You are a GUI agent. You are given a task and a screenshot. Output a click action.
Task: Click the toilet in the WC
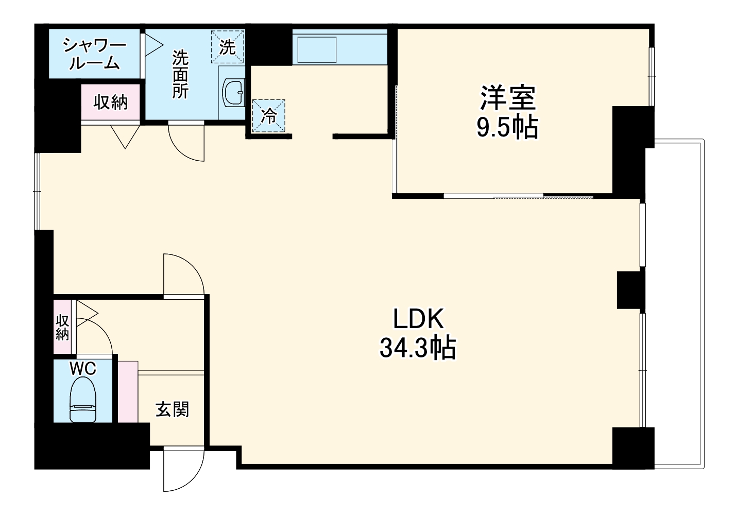pos(83,400)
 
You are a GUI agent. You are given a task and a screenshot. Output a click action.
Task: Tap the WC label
pos(83,369)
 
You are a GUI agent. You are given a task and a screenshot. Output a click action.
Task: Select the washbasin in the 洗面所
pos(234,93)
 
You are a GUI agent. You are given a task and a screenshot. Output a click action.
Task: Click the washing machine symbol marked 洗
pos(227,47)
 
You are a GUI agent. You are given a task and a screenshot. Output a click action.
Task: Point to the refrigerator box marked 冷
pos(268,116)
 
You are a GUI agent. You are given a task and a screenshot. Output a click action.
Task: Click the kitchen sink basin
pos(317,49)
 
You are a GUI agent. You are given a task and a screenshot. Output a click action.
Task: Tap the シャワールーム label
pos(94,54)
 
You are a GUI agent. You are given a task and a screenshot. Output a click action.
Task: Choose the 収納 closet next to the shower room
pos(110,102)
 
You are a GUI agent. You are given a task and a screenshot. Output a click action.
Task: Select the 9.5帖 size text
pos(507,127)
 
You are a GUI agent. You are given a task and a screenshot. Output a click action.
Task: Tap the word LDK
pos(419,318)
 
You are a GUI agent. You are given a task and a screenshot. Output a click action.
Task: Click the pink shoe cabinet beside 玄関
pos(128,391)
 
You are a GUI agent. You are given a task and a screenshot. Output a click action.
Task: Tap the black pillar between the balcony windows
pos(631,290)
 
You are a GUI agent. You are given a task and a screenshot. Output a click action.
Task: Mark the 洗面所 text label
pos(180,74)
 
